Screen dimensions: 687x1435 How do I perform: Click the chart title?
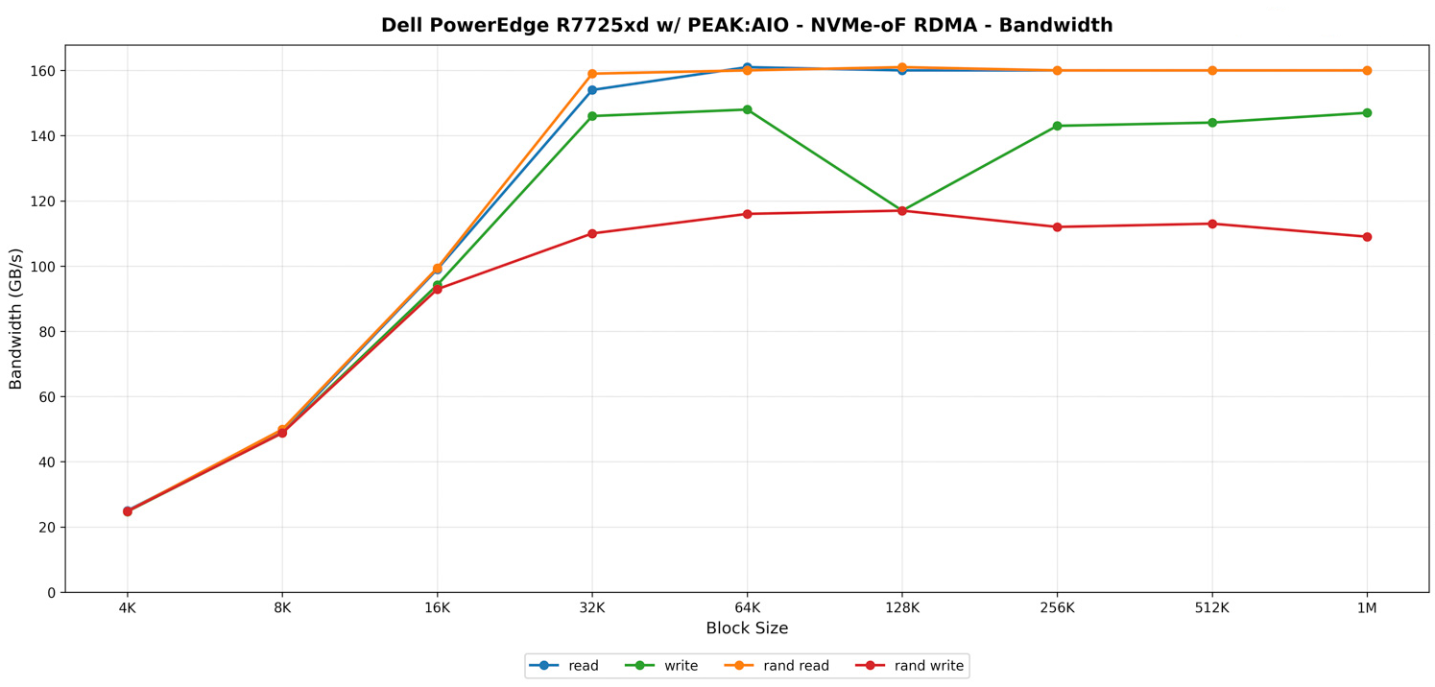[747, 26]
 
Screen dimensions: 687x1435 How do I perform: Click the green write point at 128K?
[901, 210]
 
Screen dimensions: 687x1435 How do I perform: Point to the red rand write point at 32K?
[592, 233]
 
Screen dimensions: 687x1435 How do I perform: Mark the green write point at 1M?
[1367, 113]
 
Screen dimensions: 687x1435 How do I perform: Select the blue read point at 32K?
[592, 90]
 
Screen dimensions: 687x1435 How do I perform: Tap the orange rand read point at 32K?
[592, 74]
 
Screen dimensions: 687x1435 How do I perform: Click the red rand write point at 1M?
[1367, 237]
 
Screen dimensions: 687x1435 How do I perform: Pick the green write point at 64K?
[747, 109]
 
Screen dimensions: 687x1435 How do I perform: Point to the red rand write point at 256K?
[1057, 227]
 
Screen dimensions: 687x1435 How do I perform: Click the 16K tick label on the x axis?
[438, 607]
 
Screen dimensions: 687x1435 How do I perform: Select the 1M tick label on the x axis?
[1367, 607]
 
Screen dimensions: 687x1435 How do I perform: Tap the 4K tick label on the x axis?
[128, 607]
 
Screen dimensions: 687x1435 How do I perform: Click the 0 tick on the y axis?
[51, 593]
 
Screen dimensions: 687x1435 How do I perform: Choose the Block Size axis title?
[747, 629]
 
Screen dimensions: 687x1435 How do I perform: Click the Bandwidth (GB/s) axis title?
[16, 319]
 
